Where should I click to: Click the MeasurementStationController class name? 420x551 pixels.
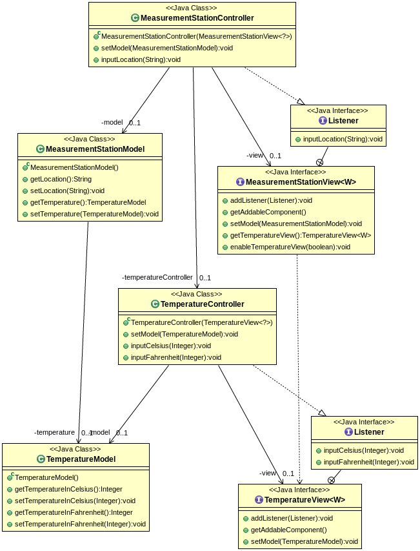click(x=197, y=18)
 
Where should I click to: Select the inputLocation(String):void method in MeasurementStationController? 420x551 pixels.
click(x=141, y=59)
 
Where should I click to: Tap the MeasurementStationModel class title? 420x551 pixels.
click(x=95, y=149)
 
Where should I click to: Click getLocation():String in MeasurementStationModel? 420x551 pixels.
click(x=61, y=179)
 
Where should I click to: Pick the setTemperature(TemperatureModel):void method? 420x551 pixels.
click(x=94, y=214)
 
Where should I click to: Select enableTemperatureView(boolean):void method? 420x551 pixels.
click(x=290, y=247)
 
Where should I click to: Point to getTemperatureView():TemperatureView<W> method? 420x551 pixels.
click(x=300, y=235)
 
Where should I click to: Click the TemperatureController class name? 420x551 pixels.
click(x=202, y=304)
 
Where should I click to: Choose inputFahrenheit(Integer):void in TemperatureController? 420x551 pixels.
click(x=175, y=357)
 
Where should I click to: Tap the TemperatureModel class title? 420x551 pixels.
click(x=81, y=459)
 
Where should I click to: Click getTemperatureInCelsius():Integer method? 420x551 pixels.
click(x=68, y=489)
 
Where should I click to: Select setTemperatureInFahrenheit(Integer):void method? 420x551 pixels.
click(x=80, y=524)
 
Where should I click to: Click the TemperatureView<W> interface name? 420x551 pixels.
click(x=305, y=500)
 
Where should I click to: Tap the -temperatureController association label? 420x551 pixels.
click(x=157, y=277)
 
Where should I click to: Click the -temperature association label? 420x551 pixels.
click(x=55, y=432)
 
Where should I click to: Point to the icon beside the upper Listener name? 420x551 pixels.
click(x=323, y=121)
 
